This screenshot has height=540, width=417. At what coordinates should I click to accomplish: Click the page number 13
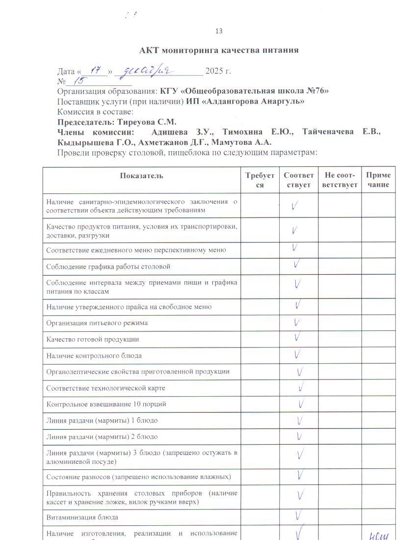[x=219, y=31]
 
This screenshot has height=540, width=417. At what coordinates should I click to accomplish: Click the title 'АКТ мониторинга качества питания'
[x=219, y=50]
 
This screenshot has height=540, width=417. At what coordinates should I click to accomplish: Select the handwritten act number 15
[x=78, y=81]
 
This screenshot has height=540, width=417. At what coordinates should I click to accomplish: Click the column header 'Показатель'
[x=141, y=176]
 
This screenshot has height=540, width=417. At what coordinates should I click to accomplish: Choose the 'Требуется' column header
[x=260, y=180]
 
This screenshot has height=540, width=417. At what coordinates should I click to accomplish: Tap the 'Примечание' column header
[x=378, y=180]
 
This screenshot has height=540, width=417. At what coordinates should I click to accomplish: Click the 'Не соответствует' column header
[x=339, y=180]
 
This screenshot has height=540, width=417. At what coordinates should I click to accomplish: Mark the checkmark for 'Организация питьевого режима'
[x=297, y=323]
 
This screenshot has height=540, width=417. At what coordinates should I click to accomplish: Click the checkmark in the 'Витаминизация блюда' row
[x=298, y=515]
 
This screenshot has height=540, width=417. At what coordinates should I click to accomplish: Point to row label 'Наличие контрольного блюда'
[x=94, y=355]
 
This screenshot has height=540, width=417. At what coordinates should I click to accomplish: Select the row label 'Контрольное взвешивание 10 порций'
[x=106, y=404]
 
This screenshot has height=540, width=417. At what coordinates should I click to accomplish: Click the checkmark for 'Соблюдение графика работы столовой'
[x=297, y=265]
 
